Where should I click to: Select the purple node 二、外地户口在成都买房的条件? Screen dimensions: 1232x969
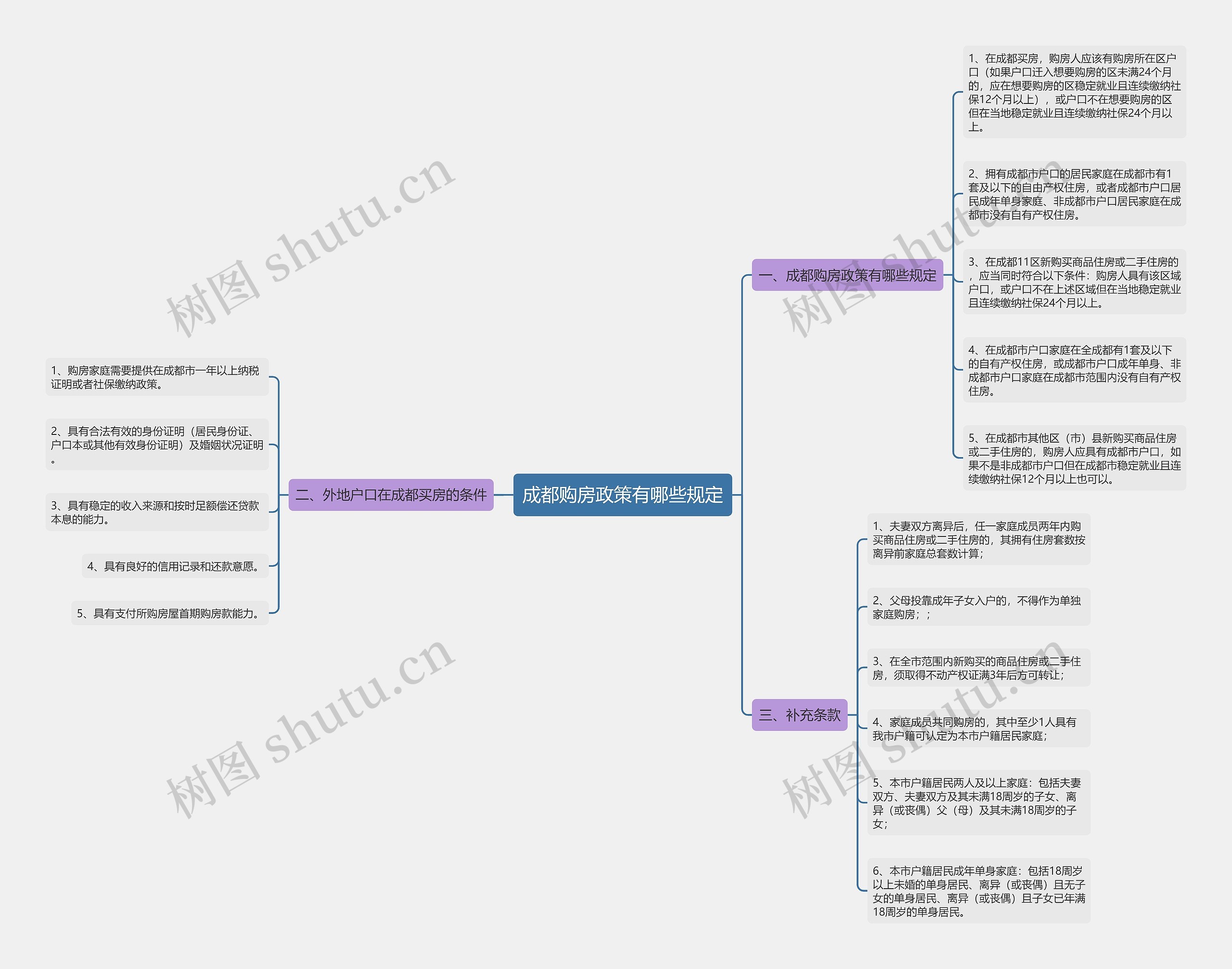(390, 495)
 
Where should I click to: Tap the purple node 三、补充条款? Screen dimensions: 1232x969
(799, 715)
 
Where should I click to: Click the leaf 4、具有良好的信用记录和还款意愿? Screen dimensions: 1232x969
(174, 566)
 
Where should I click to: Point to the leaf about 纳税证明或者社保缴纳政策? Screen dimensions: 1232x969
(156, 377)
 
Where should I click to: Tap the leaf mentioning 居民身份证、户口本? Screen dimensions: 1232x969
(156, 445)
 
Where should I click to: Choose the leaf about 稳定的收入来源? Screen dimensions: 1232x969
(156, 512)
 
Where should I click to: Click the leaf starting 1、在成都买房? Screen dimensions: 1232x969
(1074, 92)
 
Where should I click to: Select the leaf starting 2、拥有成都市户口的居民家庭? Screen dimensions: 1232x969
(1074, 194)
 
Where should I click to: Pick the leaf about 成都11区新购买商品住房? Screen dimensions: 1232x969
(1074, 282)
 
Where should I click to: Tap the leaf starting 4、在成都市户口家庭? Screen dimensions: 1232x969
(1074, 370)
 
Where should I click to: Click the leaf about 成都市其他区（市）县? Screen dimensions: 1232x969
(1074, 458)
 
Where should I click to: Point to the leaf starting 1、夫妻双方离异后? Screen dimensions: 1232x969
(978, 539)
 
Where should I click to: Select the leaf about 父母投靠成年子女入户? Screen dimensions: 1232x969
(978, 607)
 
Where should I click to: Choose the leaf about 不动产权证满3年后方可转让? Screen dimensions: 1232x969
(978, 668)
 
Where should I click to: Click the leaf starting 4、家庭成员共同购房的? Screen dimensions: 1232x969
(978, 728)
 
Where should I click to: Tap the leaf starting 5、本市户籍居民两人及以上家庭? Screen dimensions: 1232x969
(978, 803)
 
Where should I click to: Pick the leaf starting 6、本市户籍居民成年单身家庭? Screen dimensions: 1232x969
(978, 891)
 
